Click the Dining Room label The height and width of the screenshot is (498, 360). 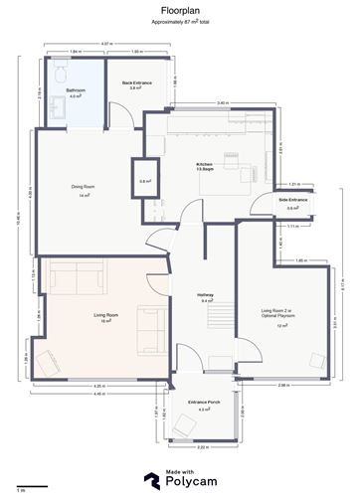[83, 191]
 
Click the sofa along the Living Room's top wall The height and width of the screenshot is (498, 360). [75, 272]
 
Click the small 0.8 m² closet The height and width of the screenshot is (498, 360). [144, 180]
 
